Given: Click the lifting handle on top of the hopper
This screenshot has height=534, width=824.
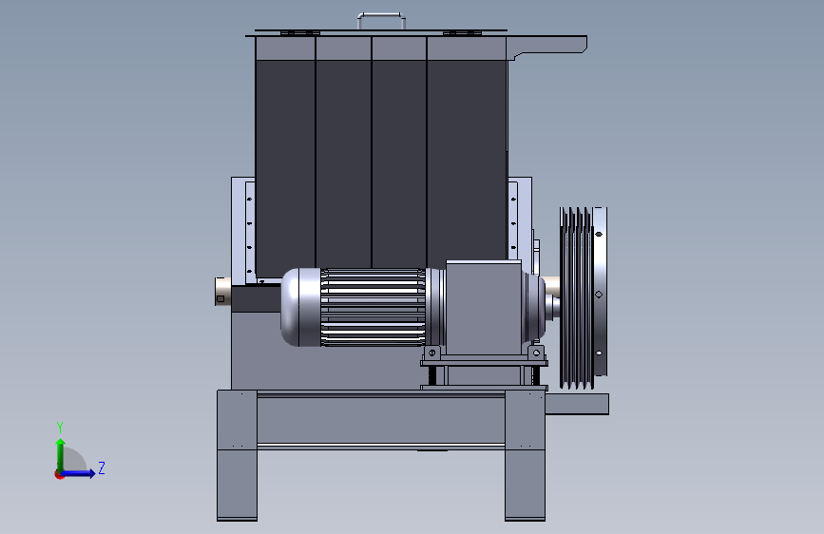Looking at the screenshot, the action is (x=381, y=14).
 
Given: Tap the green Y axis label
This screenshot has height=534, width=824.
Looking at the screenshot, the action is (x=60, y=428).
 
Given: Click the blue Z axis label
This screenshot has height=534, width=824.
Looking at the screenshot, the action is (x=102, y=467).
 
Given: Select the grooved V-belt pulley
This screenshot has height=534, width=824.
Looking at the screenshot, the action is (x=583, y=298).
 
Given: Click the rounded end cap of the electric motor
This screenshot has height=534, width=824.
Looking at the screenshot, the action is (x=300, y=307).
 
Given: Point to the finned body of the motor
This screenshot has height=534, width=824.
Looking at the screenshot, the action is (x=373, y=307).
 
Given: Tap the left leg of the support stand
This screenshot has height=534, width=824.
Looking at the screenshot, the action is (x=237, y=455).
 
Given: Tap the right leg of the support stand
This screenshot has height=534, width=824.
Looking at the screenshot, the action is (x=525, y=455).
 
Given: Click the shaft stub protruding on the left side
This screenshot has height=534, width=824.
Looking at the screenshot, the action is (x=223, y=291).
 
